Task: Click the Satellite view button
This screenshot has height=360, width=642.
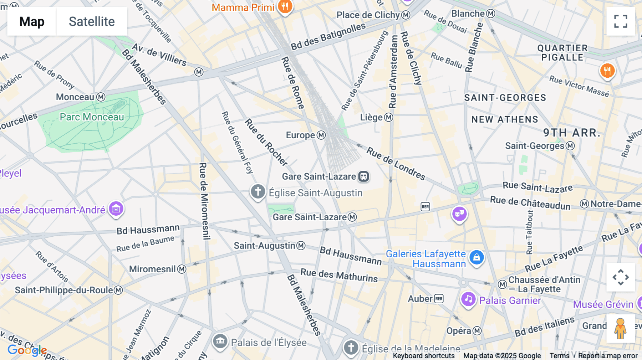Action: pos(92,21)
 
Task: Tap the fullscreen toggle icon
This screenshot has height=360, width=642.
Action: pos(621,21)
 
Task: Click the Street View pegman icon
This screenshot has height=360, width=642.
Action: pos(621,328)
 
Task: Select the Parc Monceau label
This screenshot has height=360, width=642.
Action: pos(92,117)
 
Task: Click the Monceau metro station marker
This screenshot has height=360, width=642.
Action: pos(101,97)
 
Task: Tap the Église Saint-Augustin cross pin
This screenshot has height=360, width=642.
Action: pos(258,192)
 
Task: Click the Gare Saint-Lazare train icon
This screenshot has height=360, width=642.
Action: pos(363,176)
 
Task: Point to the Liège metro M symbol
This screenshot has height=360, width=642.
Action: pos(388,117)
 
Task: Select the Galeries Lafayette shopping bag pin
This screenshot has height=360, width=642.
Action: pos(477,257)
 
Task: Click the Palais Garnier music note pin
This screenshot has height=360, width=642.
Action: pos(468,299)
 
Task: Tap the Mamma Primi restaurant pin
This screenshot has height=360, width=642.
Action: pos(285,7)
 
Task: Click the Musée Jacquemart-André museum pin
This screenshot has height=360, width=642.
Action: pos(116,209)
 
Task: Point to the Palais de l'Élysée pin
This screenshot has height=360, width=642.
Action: pos(220,341)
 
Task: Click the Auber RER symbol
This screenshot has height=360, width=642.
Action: pos(439,299)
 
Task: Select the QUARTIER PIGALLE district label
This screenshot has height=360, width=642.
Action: pos(562,53)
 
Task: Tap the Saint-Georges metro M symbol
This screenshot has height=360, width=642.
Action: pos(570,146)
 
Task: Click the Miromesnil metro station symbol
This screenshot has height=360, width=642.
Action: pos(182,269)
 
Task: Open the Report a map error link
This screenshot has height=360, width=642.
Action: pos(607,356)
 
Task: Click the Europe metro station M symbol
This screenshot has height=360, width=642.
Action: pos(321,135)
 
